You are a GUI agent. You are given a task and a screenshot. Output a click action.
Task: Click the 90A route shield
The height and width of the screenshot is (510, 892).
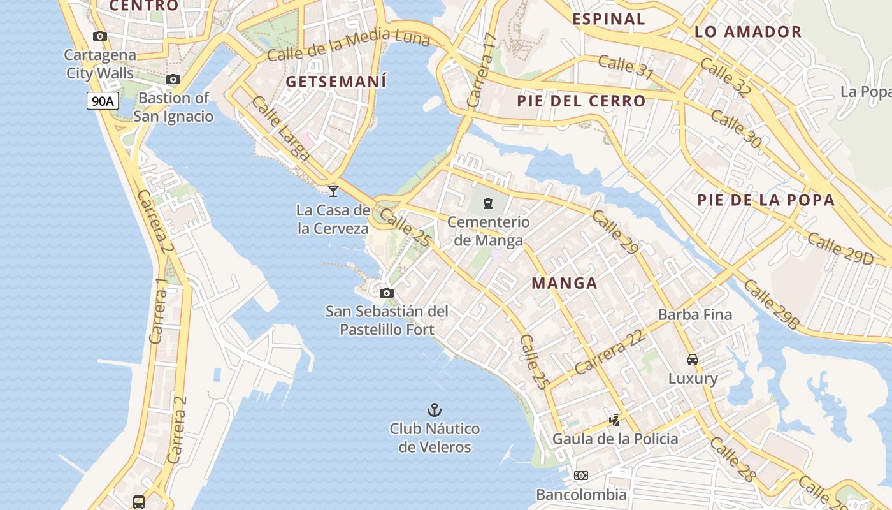click(103, 101)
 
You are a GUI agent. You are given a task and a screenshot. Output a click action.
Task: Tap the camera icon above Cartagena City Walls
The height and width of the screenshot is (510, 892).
click(100, 36)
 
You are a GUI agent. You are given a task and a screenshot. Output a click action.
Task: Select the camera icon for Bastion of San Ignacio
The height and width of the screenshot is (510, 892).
click(173, 80)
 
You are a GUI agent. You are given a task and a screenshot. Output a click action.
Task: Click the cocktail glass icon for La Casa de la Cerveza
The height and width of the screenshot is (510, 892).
click(333, 190)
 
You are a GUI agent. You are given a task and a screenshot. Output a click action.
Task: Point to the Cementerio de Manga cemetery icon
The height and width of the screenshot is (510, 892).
click(488, 203)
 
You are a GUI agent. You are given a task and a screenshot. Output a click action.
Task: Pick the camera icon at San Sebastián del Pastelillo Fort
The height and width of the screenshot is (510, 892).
click(386, 293)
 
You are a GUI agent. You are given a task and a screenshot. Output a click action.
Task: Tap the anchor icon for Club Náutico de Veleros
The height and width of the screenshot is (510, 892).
click(434, 410)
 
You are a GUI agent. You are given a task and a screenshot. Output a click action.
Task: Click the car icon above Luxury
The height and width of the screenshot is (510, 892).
click(693, 360)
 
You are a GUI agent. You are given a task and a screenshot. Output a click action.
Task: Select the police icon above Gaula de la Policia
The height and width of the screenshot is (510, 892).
click(615, 419)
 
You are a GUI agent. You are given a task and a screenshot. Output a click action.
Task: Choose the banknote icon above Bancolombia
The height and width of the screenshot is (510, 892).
click(580, 476)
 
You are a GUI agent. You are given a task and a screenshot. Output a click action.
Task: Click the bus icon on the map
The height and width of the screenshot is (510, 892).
click(139, 502)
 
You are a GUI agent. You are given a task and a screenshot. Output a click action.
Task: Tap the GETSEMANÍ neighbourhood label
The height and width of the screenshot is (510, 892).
click(336, 82)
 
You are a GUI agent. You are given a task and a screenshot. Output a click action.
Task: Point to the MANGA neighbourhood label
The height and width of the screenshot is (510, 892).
click(565, 283)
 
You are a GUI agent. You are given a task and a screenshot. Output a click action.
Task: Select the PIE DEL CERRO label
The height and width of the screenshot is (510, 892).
click(581, 101)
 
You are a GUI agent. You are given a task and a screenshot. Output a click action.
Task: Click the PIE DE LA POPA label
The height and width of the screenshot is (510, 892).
click(765, 200)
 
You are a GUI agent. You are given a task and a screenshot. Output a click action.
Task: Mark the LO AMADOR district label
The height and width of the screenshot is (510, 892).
click(747, 32)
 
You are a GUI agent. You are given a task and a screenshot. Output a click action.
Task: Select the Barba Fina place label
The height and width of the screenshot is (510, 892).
click(694, 314)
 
